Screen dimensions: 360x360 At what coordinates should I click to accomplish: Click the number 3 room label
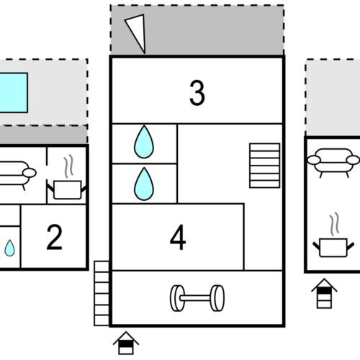point(197,94)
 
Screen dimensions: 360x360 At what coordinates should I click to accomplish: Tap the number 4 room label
point(178,238)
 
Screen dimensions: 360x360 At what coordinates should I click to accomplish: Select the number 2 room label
point(54,238)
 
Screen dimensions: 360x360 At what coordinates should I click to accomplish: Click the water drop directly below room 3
point(144,143)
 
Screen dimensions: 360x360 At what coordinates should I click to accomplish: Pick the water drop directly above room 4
point(144,184)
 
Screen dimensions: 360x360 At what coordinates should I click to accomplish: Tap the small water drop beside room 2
point(9,248)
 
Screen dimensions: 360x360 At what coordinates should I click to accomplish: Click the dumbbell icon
point(197,297)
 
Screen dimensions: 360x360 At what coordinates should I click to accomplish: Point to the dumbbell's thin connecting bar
point(197,297)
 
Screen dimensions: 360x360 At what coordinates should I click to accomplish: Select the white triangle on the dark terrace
point(136,33)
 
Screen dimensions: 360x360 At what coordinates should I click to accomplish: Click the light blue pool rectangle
point(13,92)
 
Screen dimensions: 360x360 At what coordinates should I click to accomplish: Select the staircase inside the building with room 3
point(264,166)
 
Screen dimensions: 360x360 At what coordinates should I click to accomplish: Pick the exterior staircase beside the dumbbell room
point(102,294)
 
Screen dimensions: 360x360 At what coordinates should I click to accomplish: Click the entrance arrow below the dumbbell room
point(125,342)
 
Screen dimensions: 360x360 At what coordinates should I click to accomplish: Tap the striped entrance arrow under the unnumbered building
point(324,293)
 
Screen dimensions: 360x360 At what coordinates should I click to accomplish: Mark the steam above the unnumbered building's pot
point(333,223)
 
